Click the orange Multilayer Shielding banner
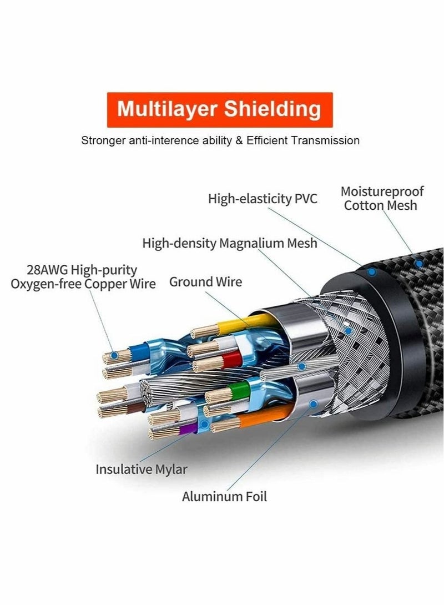pos(219,109)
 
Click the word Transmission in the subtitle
pos(327,140)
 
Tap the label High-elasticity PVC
pos(263,199)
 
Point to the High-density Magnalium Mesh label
pos(230,243)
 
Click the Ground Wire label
pos(205,282)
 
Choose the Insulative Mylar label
pos(141,469)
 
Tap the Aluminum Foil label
pos(224,496)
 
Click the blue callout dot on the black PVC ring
pos(372,273)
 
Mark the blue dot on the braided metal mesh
pos(349,331)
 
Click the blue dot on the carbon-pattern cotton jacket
pos(420,263)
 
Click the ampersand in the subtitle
pos(238,140)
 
